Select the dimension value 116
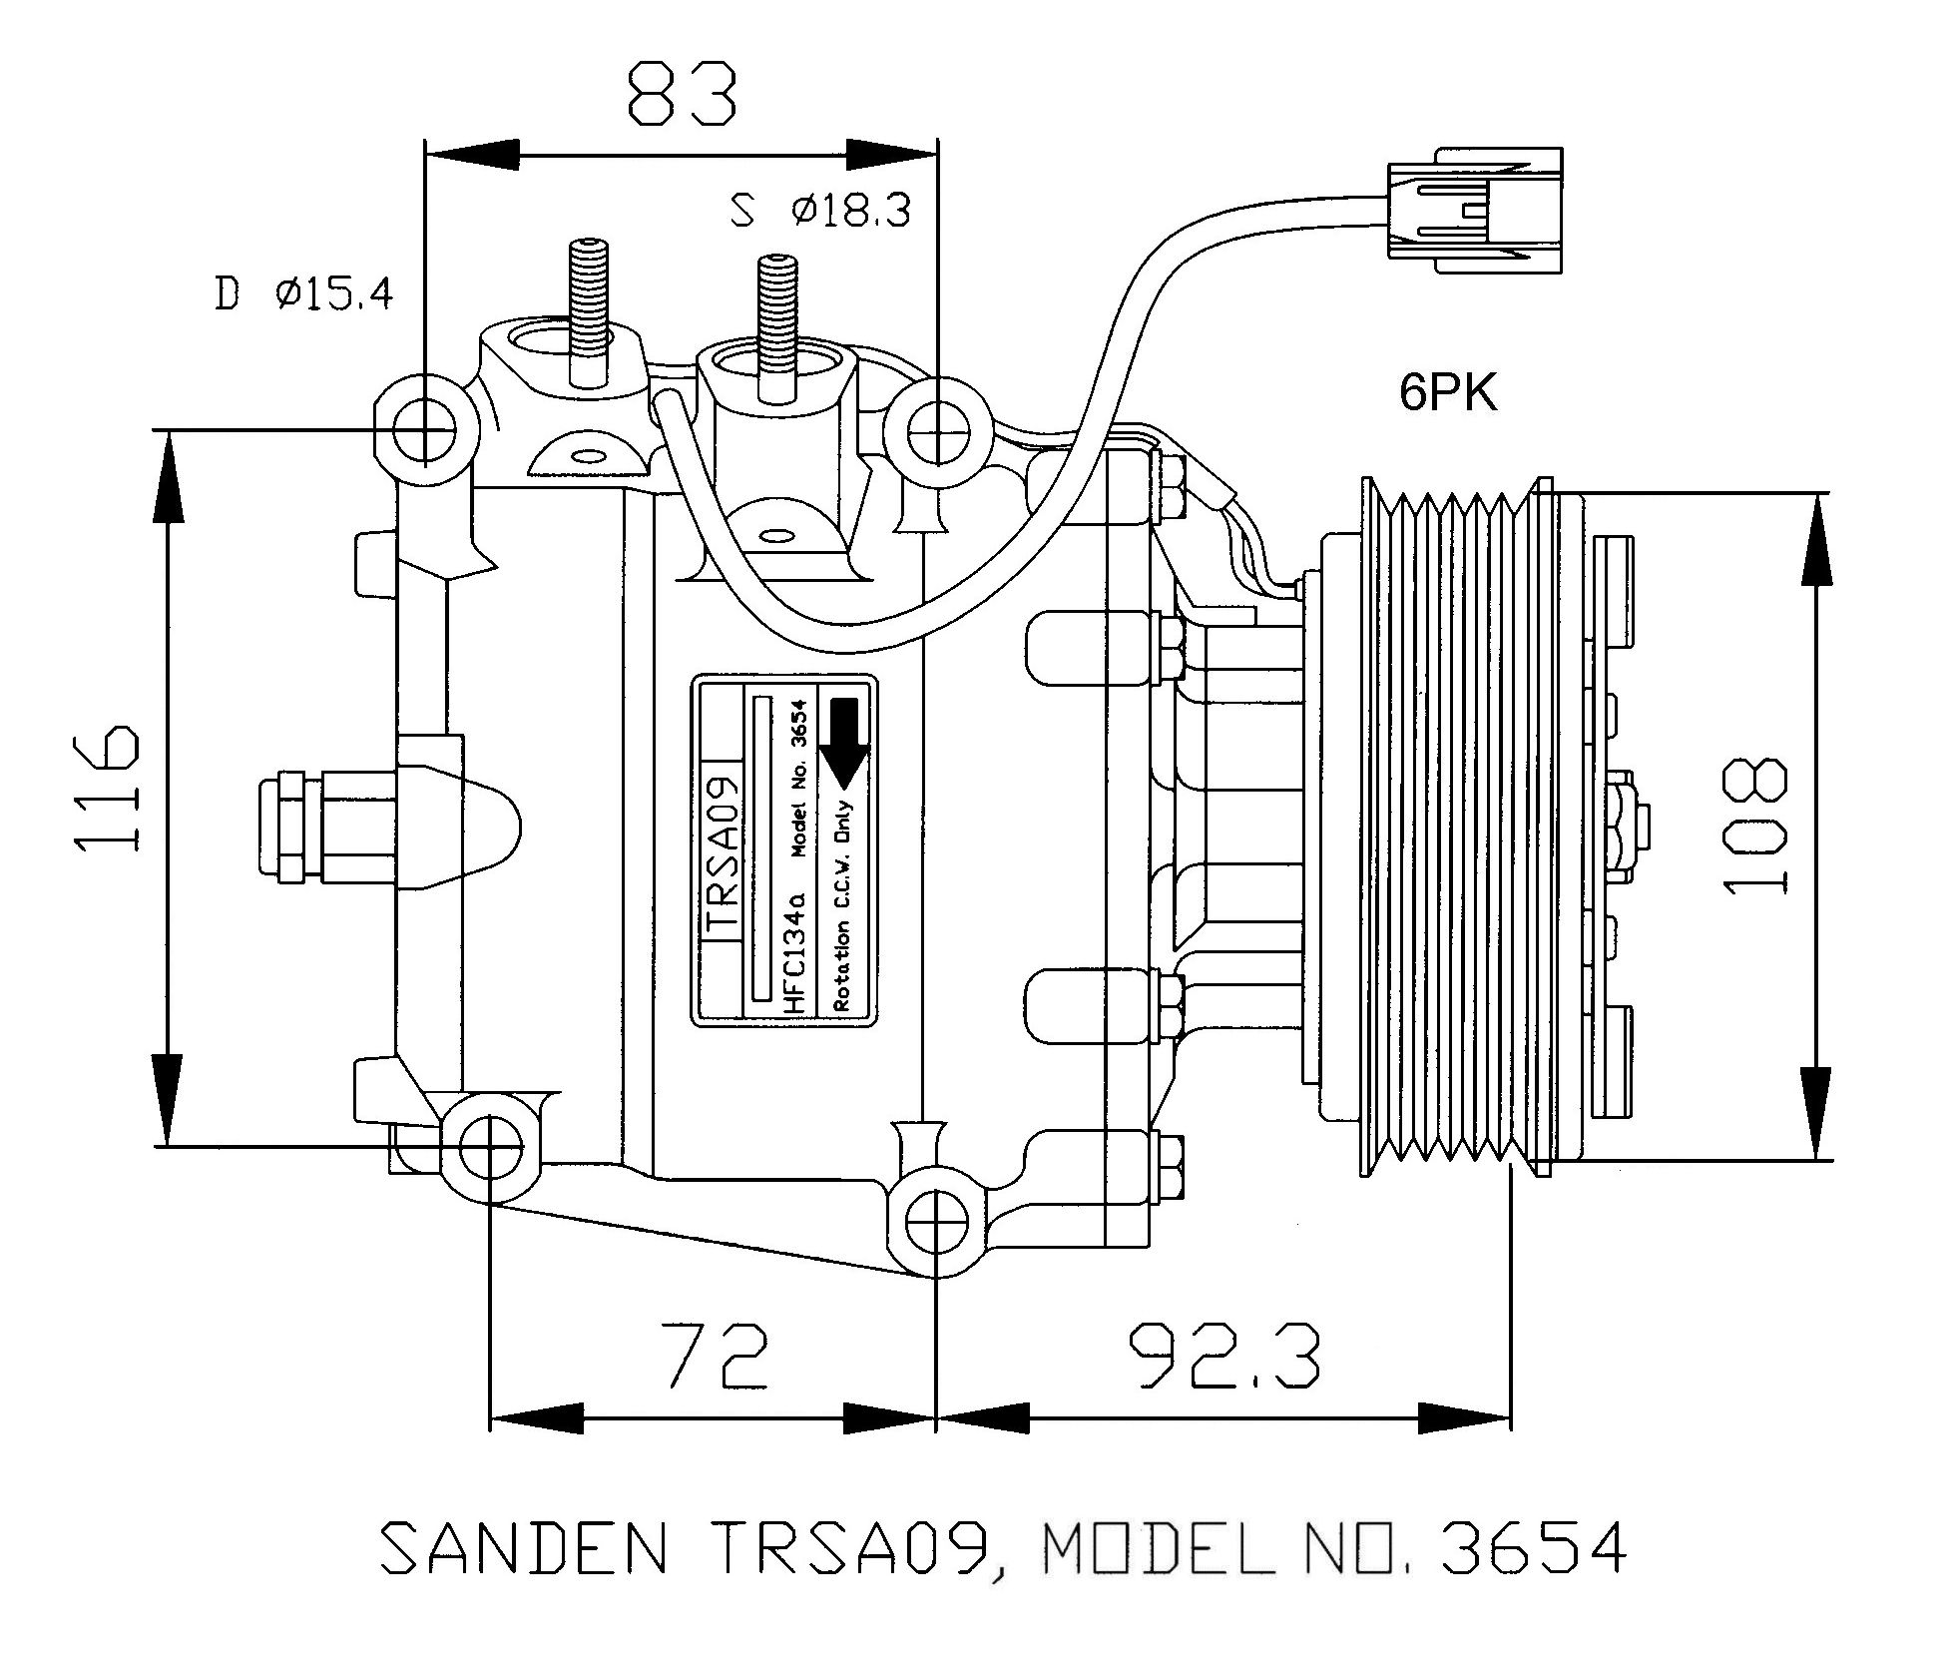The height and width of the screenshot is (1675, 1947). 105,789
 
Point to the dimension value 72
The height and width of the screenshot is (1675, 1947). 720,1356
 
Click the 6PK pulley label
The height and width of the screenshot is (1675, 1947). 1448,393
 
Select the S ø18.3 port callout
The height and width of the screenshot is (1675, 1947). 820,210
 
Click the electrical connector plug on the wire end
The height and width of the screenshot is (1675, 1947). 1473,210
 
